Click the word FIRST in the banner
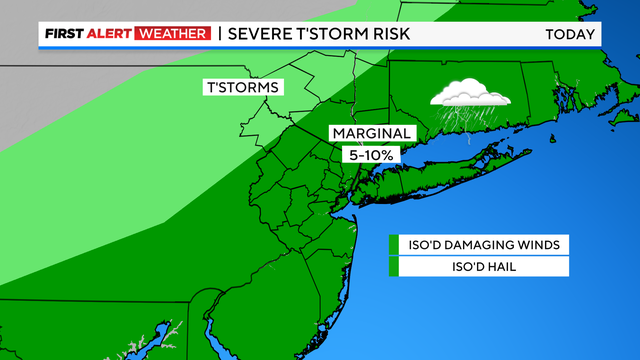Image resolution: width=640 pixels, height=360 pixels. tap(64, 35)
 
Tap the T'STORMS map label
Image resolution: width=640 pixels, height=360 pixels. tap(242, 87)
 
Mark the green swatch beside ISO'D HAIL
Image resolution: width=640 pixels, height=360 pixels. tap(393, 266)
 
